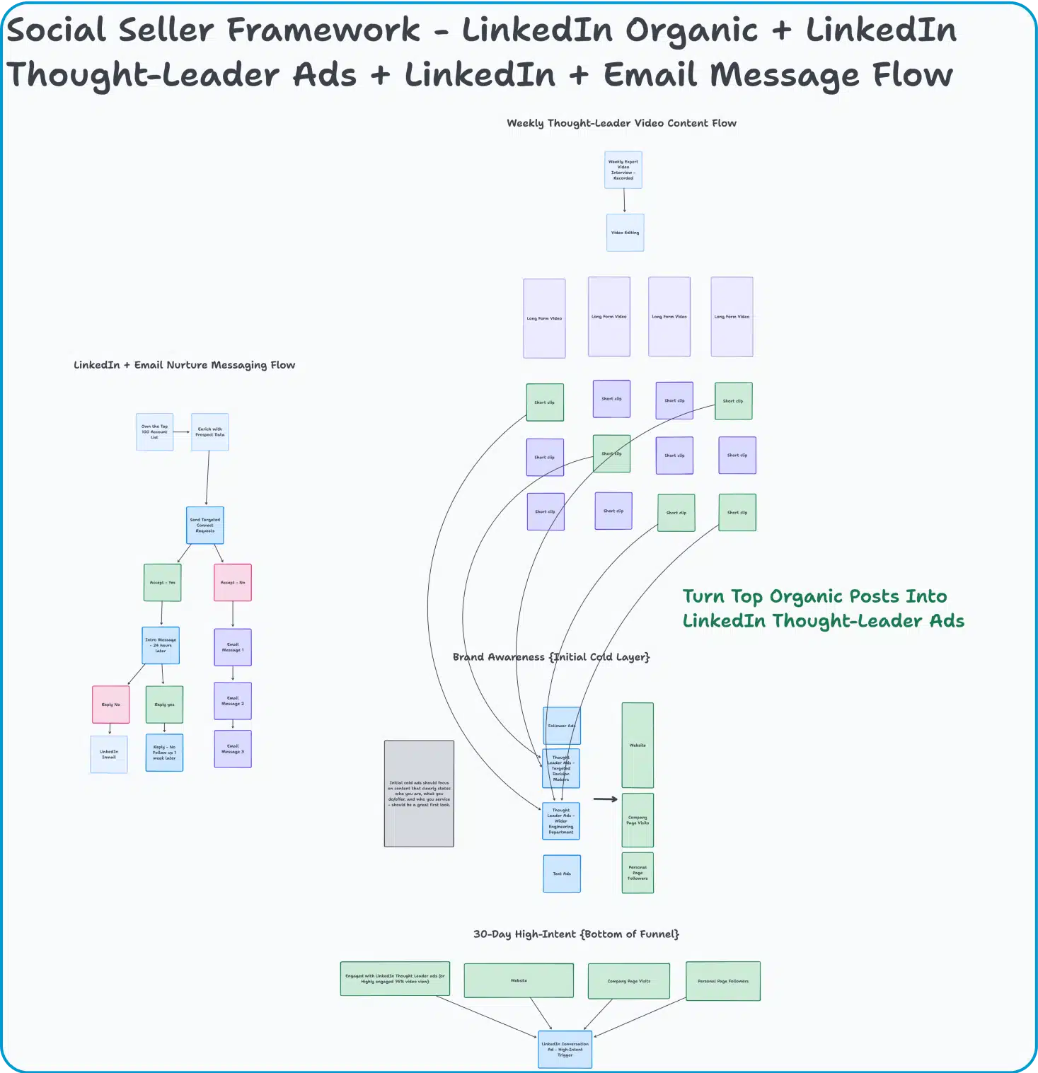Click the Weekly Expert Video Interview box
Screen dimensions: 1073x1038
pos(623,170)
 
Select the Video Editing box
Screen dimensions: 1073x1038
pos(625,233)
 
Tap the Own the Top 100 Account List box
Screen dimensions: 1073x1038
pos(154,432)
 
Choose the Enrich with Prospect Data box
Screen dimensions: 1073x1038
pos(209,432)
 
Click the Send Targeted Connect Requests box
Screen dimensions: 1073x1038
pos(204,526)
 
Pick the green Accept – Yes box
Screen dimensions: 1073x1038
pos(162,583)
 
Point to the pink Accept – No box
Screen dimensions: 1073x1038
pos(232,583)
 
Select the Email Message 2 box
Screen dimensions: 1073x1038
pos(232,701)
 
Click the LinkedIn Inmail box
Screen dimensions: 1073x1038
pos(109,755)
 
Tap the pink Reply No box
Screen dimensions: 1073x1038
pos(110,704)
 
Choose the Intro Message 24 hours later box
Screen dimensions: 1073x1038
pos(161,645)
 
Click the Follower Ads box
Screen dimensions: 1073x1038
pos(561,726)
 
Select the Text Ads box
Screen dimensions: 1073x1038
pos(562,874)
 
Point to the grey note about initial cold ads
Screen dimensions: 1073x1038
pos(419,794)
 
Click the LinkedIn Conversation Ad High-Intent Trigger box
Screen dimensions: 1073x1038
pos(565,1049)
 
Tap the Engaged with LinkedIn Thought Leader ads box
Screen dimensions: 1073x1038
pos(395,978)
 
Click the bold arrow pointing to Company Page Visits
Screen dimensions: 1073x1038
pos(605,799)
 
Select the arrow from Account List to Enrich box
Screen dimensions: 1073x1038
pos(182,432)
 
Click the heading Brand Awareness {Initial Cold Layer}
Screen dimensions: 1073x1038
pos(550,657)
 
